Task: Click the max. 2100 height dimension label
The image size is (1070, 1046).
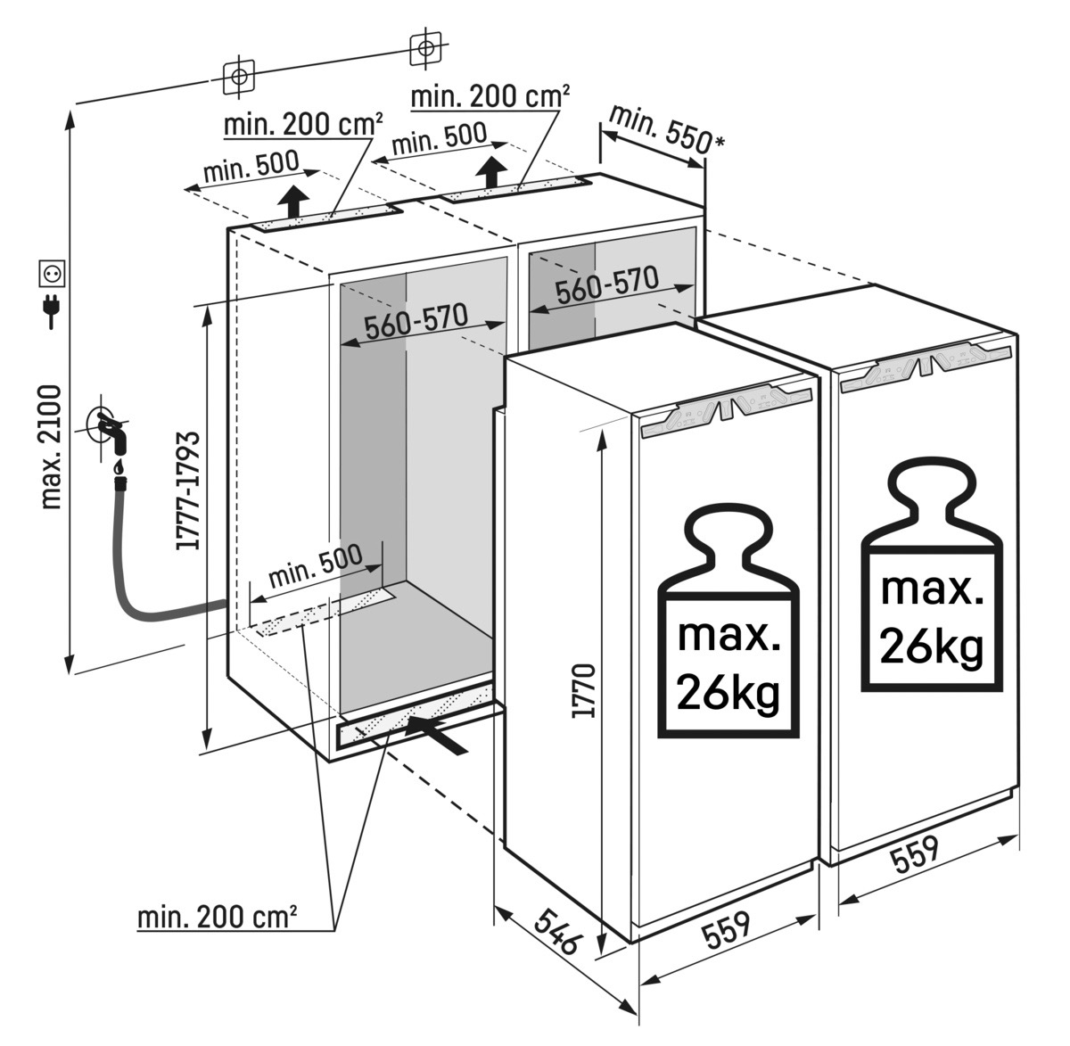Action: pos(52,446)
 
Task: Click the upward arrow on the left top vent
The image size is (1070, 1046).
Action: pos(295,201)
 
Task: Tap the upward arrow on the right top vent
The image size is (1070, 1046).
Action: pos(490,170)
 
